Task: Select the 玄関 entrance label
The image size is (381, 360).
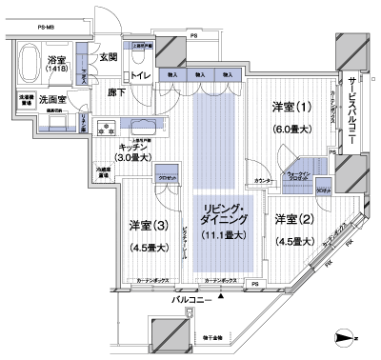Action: (x=109, y=57)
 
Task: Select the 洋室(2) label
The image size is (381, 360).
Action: (x=292, y=218)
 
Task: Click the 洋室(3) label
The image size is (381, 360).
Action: (x=148, y=225)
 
